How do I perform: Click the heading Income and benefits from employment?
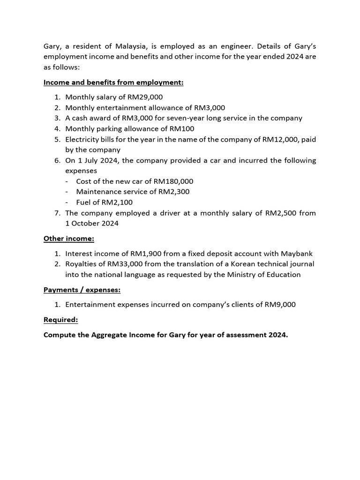[x=113, y=82]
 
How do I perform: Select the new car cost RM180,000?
[x=173, y=181]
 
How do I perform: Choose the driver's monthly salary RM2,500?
[x=280, y=213]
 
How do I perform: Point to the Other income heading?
[x=69, y=239]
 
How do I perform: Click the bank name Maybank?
[x=296, y=254]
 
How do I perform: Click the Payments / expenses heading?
[x=82, y=290]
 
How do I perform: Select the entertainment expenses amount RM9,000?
[x=280, y=305]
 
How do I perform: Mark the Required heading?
[x=61, y=320]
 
